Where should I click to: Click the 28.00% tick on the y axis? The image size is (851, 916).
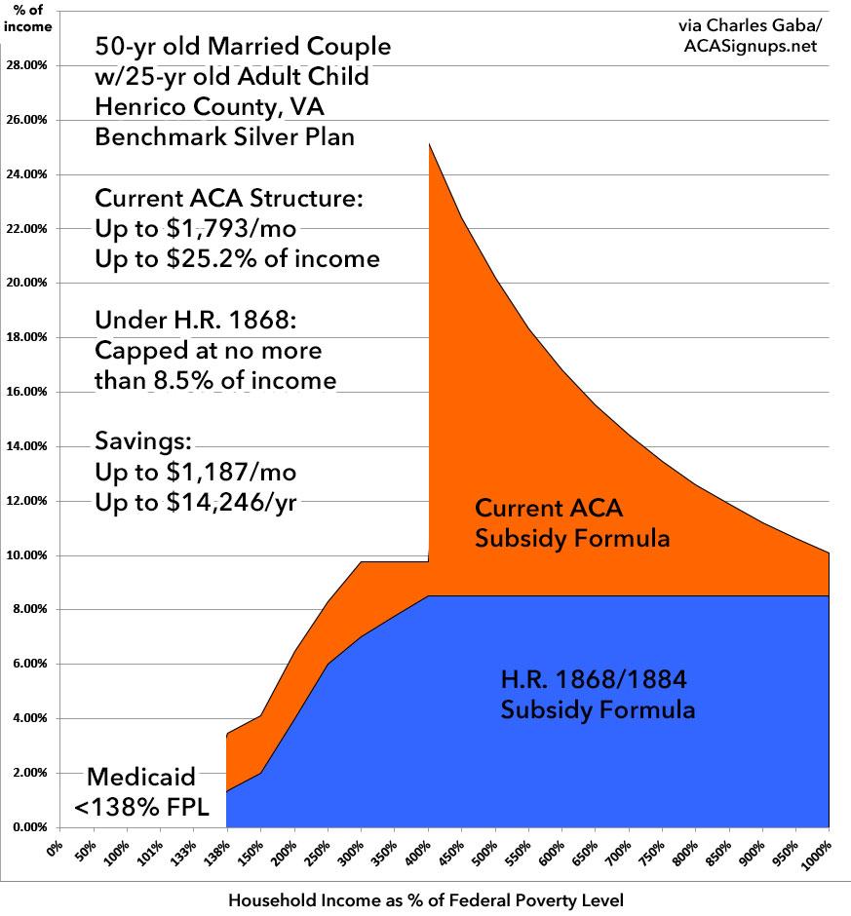(x=30, y=65)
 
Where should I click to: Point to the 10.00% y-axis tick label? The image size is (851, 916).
(x=30, y=555)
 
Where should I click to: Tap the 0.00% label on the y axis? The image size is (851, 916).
(x=32, y=827)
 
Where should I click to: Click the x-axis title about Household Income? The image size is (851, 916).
(x=425, y=900)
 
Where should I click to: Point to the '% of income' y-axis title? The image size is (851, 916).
(x=28, y=18)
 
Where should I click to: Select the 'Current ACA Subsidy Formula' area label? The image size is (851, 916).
(x=572, y=522)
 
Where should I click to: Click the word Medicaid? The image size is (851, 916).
(x=141, y=777)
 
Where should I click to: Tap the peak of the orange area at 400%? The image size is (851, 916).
(x=429, y=144)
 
